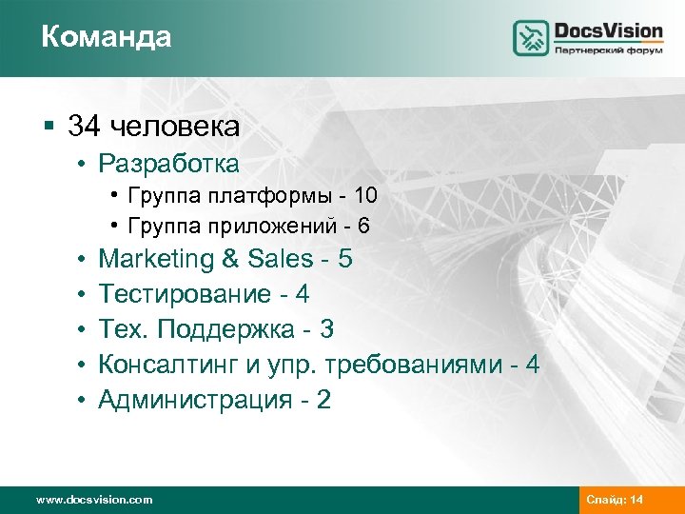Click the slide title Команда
click(x=107, y=37)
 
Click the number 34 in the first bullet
click(x=86, y=126)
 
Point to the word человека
click(x=173, y=126)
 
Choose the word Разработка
click(x=168, y=164)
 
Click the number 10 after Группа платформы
click(x=365, y=197)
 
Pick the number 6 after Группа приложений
click(x=364, y=226)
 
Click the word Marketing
click(x=157, y=259)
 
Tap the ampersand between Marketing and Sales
click(x=231, y=259)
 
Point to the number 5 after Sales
click(x=344, y=259)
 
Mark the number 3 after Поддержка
click(x=327, y=329)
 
